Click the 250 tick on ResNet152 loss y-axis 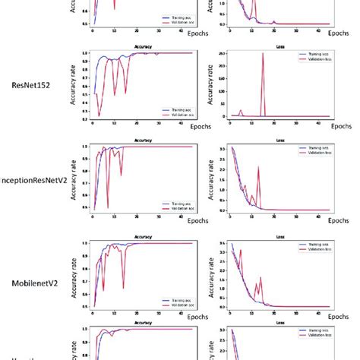coord(219,55)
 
